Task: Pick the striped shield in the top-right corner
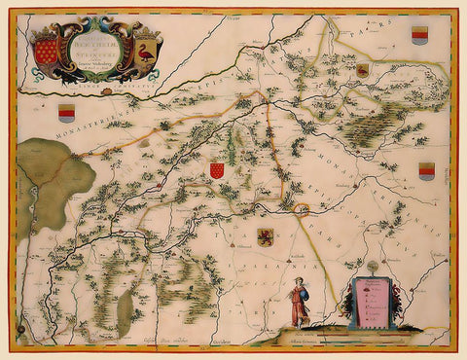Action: pyautogui.click(x=419, y=36)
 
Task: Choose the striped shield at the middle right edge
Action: pyautogui.click(x=426, y=171)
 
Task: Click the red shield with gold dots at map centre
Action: pyautogui.click(x=218, y=170)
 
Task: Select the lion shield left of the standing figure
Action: pyautogui.click(x=264, y=237)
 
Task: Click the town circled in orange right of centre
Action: pyautogui.click(x=302, y=207)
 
